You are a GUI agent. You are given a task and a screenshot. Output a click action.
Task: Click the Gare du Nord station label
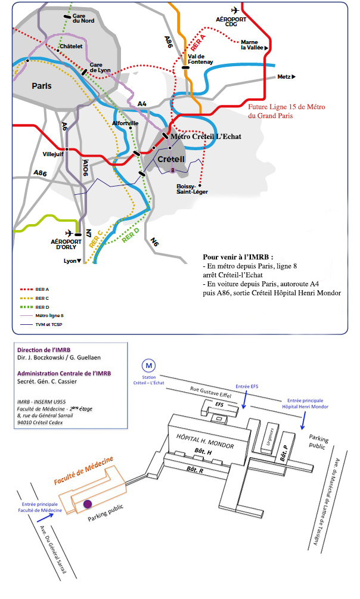click(84, 18)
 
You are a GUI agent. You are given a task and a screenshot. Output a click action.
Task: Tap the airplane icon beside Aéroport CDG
click(234, 10)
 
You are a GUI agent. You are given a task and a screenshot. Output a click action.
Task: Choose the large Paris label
click(41, 86)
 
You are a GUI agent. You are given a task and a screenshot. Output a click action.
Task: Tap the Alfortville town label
click(126, 123)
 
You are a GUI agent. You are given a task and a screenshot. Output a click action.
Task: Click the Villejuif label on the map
click(53, 153)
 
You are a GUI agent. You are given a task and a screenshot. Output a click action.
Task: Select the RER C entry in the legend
click(42, 297)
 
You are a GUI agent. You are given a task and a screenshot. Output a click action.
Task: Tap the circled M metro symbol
click(147, 365)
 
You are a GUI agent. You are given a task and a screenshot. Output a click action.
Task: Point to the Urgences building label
click(271, 438)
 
